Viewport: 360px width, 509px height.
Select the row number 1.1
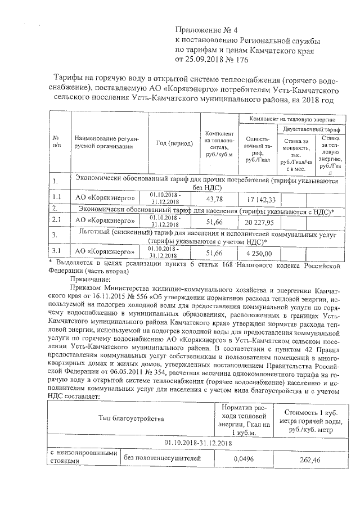(57, 199)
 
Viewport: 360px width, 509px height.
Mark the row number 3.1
(57, 251)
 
